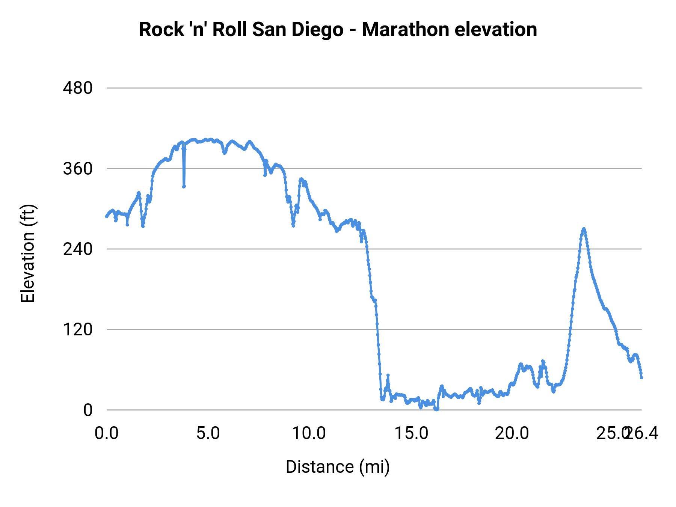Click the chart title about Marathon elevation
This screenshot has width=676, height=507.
click(x=338, y=29)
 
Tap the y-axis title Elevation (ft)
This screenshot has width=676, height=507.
click(x=27, y=253)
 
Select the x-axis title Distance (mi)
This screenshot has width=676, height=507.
click(x=338, y=467)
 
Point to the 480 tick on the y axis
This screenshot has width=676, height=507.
click(x=78, y=88)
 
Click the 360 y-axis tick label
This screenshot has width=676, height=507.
click(x=78, y=169)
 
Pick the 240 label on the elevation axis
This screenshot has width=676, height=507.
click(x=78, y=249)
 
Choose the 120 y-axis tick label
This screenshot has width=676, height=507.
click(x=78, y=329)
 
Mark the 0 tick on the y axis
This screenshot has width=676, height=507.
click(x=88, y=410)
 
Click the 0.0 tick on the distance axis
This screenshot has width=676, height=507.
click(x=107, y=433)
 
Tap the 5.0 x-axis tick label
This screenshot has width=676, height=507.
click(x=208, y=433)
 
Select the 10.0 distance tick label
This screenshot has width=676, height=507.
click(x=309, y=433)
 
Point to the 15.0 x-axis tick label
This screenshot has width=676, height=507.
click(x=411, y=433)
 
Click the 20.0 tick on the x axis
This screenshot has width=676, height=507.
click(x=512, y=433)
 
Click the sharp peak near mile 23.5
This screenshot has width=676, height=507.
click(x=584, y=229)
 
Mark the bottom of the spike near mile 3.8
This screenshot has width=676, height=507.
click(x=184, y=186)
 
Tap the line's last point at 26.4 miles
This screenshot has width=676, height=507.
click(x=641, y=377)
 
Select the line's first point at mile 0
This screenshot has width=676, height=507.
click(x=107, y=216)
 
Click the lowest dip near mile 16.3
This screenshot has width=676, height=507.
click(x=436, y=409)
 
